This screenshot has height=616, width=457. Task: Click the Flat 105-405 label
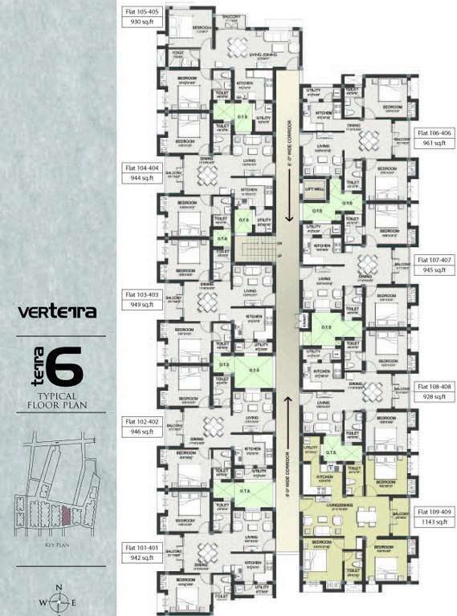pyautogui.click(x=142, y=13)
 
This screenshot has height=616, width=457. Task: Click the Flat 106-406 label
pyautogui.click(x=435, y=132)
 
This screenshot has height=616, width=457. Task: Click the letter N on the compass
pyautogui.click(x=59, y=589)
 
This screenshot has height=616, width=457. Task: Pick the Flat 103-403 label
pyautogui.click(x=142, y=293)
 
